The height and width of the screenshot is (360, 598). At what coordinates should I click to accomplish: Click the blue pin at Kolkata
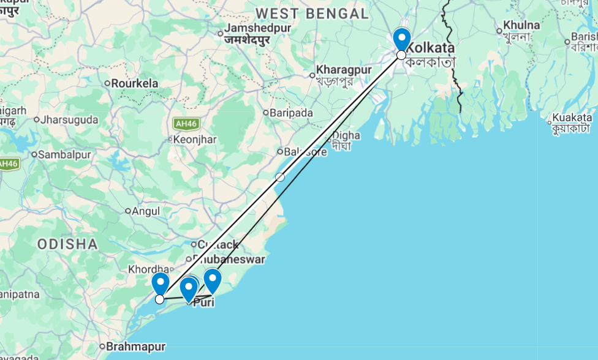401,39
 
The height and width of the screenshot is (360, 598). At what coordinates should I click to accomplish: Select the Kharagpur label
344,70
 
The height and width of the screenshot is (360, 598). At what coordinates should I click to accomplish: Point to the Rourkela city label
134,83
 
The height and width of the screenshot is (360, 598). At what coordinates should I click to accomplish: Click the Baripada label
292,113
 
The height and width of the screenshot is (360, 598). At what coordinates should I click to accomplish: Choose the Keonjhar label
195,140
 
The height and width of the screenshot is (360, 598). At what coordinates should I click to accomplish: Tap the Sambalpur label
64,154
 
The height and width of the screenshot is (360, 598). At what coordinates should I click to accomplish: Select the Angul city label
146,211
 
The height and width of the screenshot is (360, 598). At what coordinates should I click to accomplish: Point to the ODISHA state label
67,244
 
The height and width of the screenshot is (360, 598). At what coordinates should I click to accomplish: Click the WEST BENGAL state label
312,13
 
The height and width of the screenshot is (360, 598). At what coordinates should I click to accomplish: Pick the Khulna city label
521,26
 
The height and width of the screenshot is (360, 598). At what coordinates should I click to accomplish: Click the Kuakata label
572,118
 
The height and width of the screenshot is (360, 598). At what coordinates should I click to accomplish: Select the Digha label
347,136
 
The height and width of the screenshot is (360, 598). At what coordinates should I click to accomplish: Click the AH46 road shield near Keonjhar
182,123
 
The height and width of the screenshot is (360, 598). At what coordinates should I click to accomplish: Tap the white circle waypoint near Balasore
280,177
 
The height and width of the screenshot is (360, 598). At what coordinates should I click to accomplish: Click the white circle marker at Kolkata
401,55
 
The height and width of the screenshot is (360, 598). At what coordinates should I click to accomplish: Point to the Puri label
203,302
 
